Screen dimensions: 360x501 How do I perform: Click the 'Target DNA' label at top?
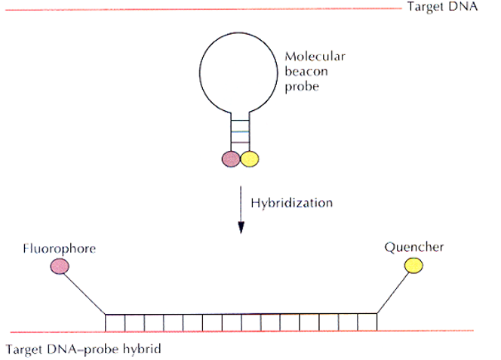tap(443, 8)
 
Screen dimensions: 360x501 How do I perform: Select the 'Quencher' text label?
tap(413, 247)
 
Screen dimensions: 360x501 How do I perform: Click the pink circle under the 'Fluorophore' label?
tap(59, 266)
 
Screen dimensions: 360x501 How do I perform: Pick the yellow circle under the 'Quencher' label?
tap(413, 266)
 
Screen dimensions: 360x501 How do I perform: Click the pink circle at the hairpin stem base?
tap(231, 158)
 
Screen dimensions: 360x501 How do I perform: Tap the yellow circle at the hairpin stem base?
tap(250, 158)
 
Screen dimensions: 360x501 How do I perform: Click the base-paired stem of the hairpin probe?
tap(240, 133)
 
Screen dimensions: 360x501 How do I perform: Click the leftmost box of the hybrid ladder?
tap(115, 322)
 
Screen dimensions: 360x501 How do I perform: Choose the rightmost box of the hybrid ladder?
tap(367, 322)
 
